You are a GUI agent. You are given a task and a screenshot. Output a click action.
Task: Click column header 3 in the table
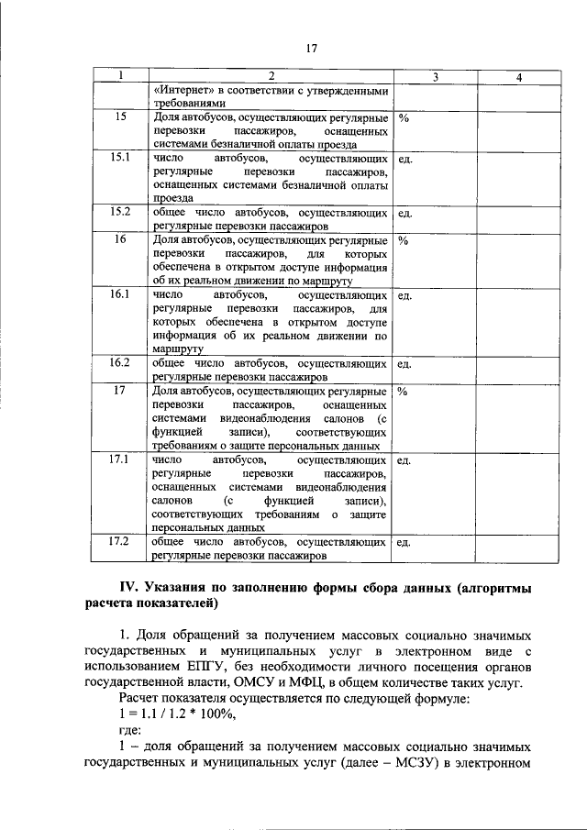(435, 78)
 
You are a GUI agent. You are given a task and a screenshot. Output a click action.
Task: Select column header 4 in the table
(518, 78)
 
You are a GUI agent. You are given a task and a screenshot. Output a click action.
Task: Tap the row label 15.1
(120, 158)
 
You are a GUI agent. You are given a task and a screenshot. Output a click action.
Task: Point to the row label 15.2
(120, 212)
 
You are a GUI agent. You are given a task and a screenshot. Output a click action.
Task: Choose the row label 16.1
(120, 295)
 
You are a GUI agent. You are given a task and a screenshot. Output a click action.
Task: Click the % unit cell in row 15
(404, 118)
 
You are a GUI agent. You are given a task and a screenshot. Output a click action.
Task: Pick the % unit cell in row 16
(404, 239)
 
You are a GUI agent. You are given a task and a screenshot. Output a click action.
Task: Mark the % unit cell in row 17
(404, 391)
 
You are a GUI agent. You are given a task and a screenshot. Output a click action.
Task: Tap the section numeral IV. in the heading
(135, 587)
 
